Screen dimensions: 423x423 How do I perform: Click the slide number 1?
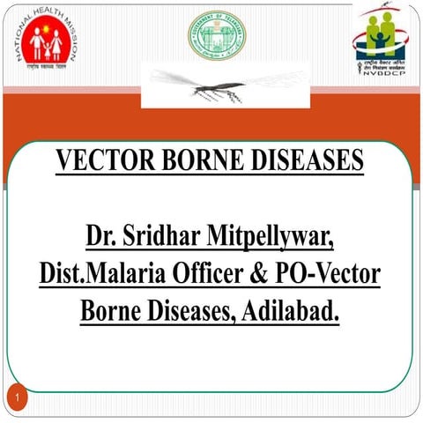19,402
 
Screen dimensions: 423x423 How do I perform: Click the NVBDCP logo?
380,35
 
